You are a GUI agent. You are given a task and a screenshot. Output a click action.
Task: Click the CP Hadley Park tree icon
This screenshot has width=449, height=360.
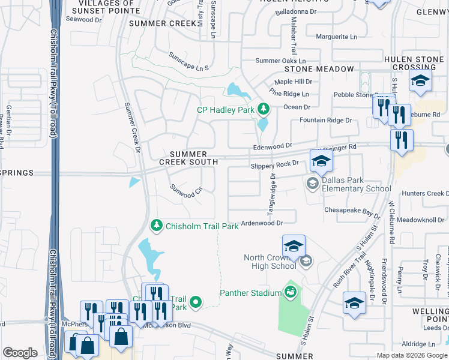tap(262, 109)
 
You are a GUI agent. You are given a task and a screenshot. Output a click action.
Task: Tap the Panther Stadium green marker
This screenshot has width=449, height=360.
tap(291, 292)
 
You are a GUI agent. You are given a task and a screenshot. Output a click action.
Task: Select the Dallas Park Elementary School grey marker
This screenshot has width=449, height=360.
tap(312, 183)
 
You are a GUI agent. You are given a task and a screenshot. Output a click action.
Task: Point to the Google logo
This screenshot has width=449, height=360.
tap(20, 353)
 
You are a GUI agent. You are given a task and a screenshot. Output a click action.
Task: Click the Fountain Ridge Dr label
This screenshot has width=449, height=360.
tap(325, 121)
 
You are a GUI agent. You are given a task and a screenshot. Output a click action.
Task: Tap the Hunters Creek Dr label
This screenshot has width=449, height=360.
tap(424, 193)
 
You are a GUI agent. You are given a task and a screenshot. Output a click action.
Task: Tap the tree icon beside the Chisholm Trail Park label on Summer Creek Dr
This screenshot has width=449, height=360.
tap(157, 225)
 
